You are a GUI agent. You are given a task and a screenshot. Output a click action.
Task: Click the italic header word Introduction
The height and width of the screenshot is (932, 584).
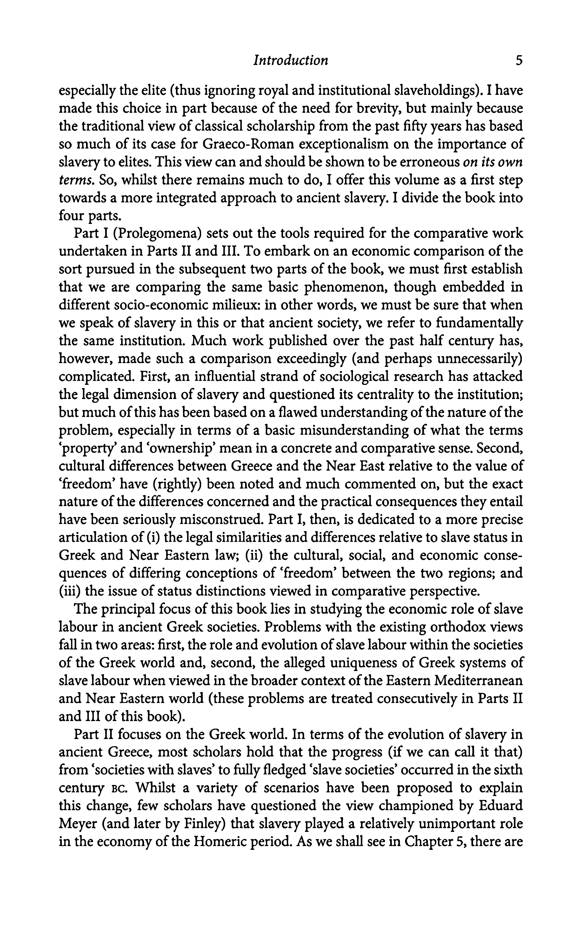pyautogui.click(x=290, y=60)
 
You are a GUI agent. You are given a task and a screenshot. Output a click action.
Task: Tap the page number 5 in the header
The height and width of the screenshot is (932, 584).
pyautogui.click(x=519, y=60)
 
